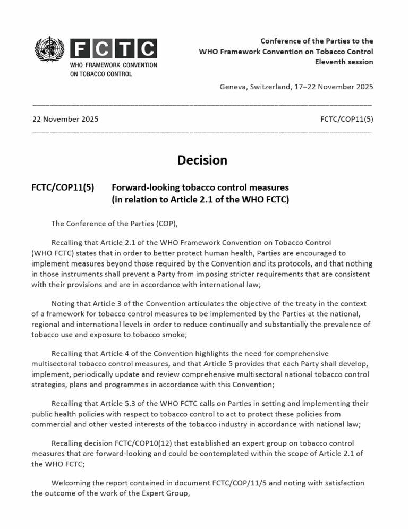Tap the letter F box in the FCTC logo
tap(81, 49)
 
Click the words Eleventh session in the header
tap(344, 62)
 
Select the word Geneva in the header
tap(233, 87)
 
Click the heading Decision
tap(202, 160)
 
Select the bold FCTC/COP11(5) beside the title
tap(63, 187)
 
